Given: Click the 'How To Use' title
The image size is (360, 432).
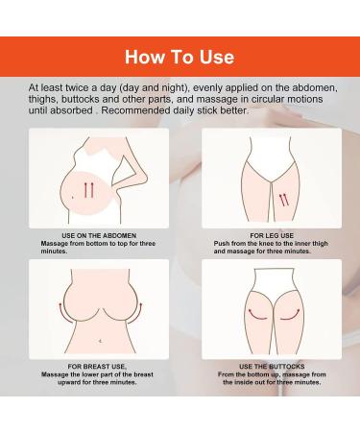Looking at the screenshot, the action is coord(180,57).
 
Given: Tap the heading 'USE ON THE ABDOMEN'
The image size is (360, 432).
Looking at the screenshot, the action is coord(99,235).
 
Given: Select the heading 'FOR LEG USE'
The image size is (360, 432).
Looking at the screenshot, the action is coord(272,235).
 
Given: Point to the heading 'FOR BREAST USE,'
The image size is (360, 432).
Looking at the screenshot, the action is coord(97,367).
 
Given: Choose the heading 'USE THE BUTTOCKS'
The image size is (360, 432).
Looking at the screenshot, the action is coord(272,367).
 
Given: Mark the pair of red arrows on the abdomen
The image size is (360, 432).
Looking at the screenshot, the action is coord(88,190).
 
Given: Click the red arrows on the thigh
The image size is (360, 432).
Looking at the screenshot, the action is coord(284,200).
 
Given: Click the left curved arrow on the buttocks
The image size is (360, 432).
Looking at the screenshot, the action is coord(257,315).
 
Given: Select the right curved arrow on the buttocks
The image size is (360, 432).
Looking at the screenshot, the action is coord(290,315).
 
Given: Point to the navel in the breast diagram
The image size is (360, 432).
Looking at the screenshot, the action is coord(101,341).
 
